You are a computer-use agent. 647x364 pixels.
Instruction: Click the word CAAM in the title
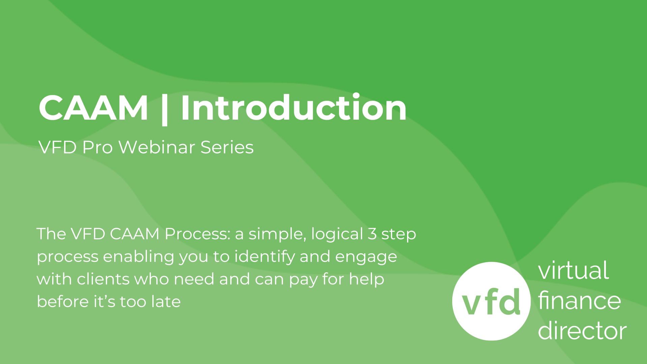(x=93, y=108)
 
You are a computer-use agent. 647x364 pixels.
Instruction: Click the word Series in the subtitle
(x=227, y=147)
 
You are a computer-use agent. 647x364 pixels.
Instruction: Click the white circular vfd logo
(x=491, y=301)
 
